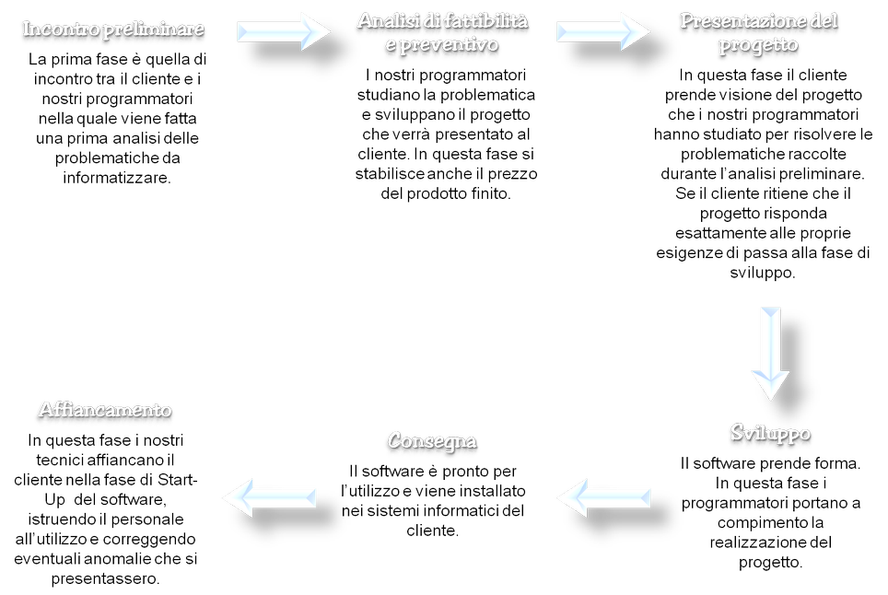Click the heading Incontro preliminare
coord(113,29)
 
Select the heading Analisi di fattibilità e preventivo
coord(443,32)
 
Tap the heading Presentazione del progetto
coord(759,32)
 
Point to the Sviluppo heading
coord(770,433)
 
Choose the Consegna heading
coord(432,441)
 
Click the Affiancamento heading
coord(105,409)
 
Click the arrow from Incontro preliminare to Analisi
coord(283,31)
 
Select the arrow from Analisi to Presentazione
coord(602,31)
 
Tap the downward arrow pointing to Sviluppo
coord(771,354)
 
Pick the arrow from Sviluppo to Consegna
coord(603,497)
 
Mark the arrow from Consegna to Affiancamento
coord(270,497)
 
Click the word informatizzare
coord(117,178)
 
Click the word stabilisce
coord(391,174)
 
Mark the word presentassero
coord(106,579)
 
